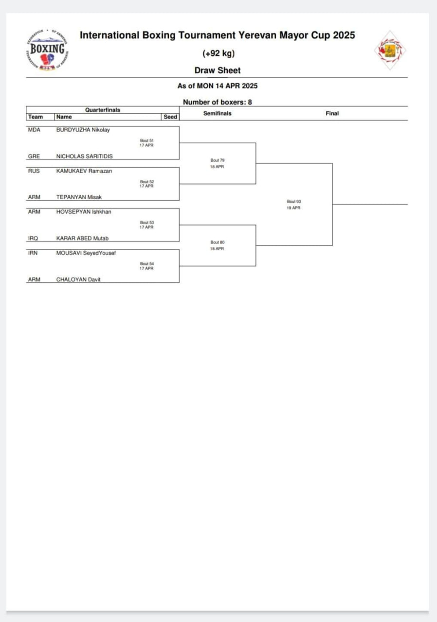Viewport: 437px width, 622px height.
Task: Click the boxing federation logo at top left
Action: click(47, 51)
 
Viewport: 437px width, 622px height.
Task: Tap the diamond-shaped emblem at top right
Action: click(390, 51)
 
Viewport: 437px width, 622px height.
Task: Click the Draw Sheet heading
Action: click(218, 70)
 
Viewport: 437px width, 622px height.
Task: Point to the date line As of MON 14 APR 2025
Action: click(218, 86)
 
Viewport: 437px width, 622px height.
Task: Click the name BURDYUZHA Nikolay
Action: click(83, 130)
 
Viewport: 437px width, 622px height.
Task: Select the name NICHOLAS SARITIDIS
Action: click(85, 156)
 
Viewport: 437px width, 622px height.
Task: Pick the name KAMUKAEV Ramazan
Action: click(84, 171)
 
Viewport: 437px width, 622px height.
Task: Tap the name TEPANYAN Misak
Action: click(79, 197)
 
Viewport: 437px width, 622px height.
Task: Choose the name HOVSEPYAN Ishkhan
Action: click(84, 212)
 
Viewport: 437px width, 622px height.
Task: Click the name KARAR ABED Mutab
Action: click(82, 239)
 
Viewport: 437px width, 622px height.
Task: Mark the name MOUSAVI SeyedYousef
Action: click(86, 253)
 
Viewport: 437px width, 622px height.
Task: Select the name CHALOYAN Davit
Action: click(78, 280)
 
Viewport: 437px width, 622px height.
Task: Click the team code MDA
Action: click(34, 130)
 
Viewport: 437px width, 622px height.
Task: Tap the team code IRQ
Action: click(34, 239)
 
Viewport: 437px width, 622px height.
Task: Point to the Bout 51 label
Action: click(147, 140)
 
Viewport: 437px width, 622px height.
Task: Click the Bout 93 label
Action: click(294, 201)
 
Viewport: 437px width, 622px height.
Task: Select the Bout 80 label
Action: click(218, 242)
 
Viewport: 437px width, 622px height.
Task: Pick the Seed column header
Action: click(170, 117)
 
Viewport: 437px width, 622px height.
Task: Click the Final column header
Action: click(332, 113)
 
